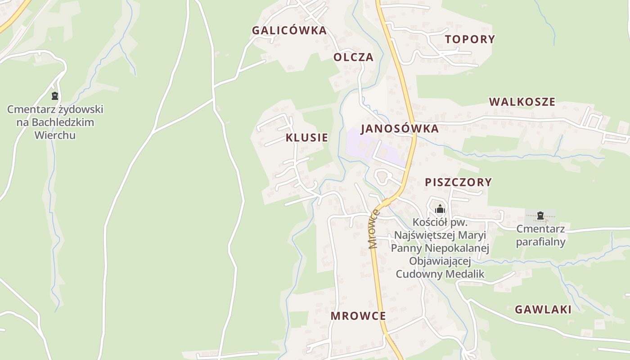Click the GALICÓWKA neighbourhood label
click(289, 31)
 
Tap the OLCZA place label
click(353, 57)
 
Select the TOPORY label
click(470, 39)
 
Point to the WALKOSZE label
click(522, 102)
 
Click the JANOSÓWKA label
click(400, 129)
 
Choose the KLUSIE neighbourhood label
click(307, 138)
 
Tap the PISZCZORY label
click(458, 182)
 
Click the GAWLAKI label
click(543, 310)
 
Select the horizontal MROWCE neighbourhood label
click(358, 316)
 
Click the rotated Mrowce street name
click(373, 229)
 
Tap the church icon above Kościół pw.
click(440, 209)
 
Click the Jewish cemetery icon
click(55, 96)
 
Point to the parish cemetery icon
click(540, 216)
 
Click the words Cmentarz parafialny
click(540, 235)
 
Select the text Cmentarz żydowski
click(55, 109)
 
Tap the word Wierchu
click(55, 135)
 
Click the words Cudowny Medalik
click(440, 274)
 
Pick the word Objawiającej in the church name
click(440, 261)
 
